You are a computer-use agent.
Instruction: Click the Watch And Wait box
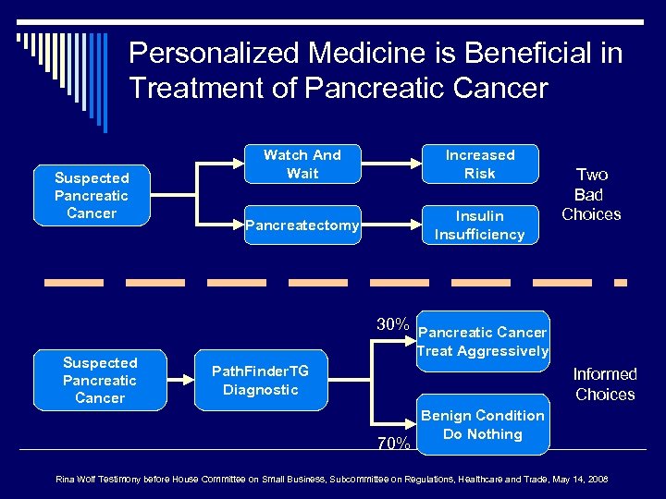pyautogui.click(x=302, y=164)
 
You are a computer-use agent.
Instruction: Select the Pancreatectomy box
pyautogui.click(x=302, y=226)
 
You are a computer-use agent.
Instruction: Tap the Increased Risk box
pyautogui.click(x=479, y=164)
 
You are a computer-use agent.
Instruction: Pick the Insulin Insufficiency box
pyautogui.click(x=479, y=225)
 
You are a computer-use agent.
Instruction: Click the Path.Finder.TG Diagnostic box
pyautogui.click(x=260, y=380)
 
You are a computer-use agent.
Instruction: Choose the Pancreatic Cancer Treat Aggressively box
pyautogui.click(x=483, y=341)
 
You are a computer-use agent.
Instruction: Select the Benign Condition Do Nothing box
pyautogui.click(x=483, y=424)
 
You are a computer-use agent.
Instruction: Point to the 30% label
pyautogui.click(x=393, y=324)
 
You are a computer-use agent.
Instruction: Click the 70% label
pyautogui.click(x=393, y=443)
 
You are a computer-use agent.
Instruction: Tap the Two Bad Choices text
pyautogui.click(x=591, y=194)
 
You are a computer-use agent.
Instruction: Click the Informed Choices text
pyautogui.click(x=605, y=384)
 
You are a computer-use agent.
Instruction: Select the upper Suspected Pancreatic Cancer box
pyautogui.click(x=92, y=195)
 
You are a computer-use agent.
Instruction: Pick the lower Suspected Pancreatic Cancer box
pyautogui.click(x=100, y=380)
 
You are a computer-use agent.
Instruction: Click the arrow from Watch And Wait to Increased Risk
pyautogui.click(x=388, y=164)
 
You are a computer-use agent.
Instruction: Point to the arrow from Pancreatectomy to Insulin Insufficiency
pyautogui.click(x=388, y=225)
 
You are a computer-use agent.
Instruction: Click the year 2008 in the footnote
pyautogui.click(x=597, y=479)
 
